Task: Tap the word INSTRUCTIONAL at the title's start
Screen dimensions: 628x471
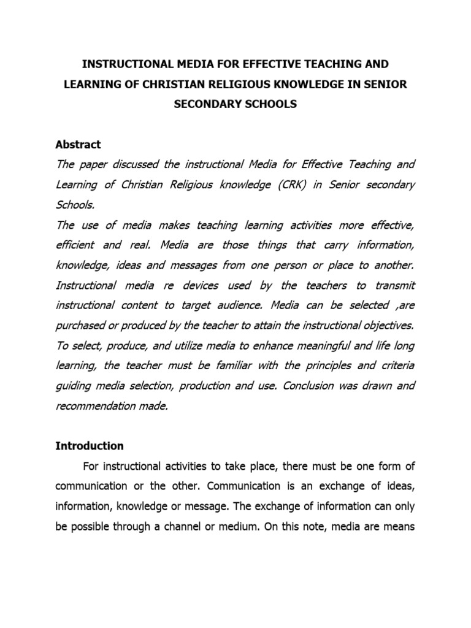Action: click(120, 64)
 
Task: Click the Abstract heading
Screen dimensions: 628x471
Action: click(78, 145)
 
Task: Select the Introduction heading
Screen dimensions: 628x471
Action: click(90, 446)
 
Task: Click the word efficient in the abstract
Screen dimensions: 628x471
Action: click(75, 245)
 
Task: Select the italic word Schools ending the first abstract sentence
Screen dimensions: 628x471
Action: click(74, 205)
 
